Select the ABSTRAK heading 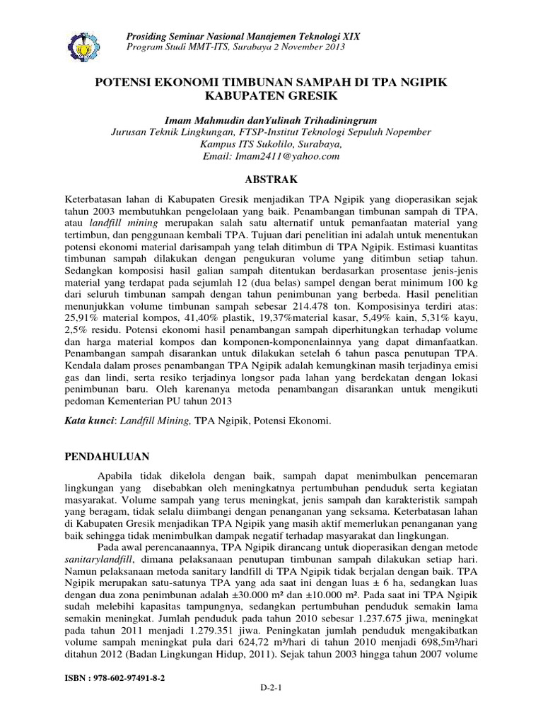pos(271,180)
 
